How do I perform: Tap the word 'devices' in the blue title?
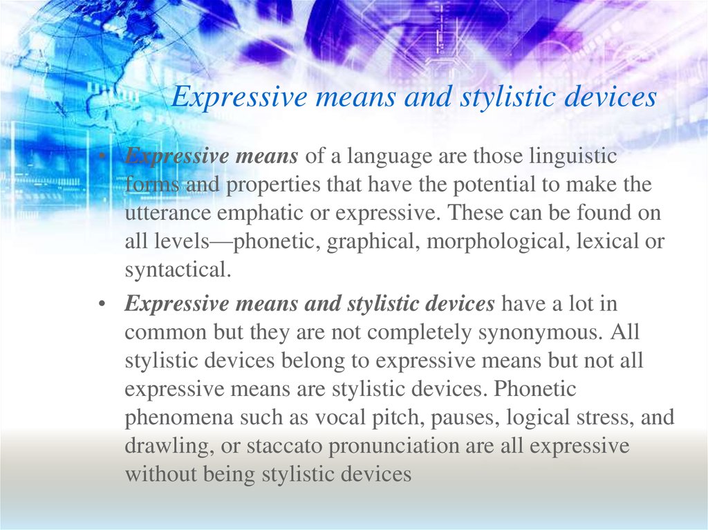(x=610, y=96)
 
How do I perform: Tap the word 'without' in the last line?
(x=160, y=474)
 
